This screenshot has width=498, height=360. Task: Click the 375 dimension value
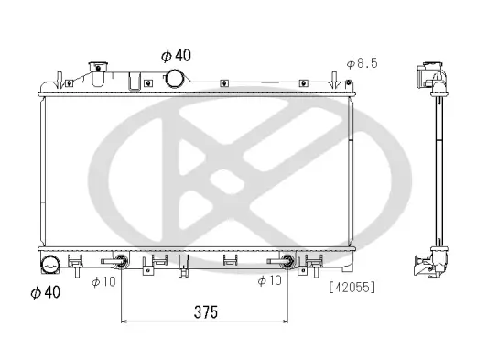click(205, 312)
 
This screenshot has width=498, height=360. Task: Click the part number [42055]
click(352, 287)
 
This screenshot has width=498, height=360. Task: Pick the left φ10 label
click(103, 281)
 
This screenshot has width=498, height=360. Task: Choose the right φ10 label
click(270, 281)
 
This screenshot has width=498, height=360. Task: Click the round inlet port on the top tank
click(173, 80)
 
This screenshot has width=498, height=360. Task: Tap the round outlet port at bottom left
click(49, 267)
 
